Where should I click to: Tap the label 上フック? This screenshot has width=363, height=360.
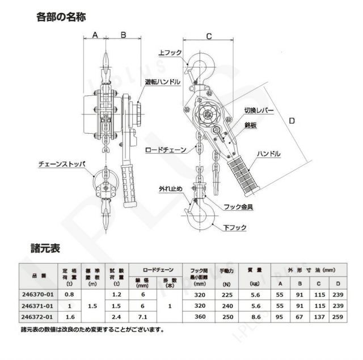pyautogui.click(x=170, y=53)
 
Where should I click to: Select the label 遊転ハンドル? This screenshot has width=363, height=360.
pyautogui.click(x=163, y=82)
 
